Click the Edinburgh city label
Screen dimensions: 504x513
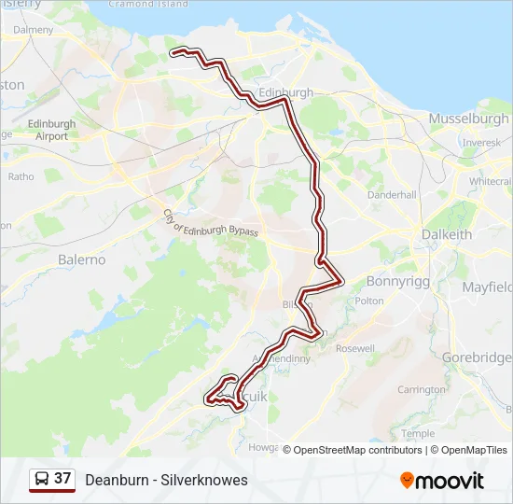285,93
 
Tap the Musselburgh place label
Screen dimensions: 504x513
469,119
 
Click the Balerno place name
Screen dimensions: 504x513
82,259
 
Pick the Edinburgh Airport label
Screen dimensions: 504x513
51,130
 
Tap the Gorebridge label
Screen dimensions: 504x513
478,357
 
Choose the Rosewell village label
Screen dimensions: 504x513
355,348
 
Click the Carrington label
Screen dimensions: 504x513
421,389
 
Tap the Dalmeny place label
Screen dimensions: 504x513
34,30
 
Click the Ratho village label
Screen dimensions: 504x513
21,176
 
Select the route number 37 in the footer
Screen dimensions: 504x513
62,479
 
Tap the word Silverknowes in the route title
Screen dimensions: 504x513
204,480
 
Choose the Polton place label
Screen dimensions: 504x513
369,301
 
